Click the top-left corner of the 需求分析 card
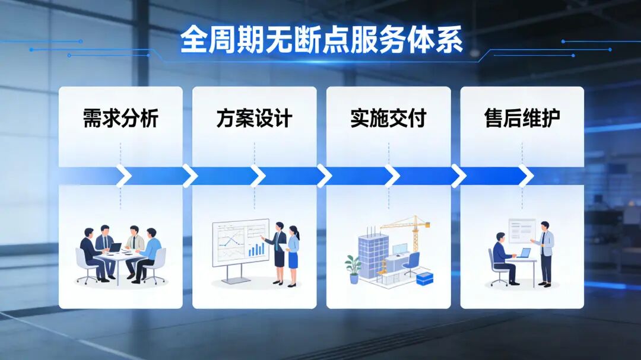pyautogui.click(x=59, y=87)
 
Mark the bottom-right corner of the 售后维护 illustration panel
pyautogui.click(x=584, y=308)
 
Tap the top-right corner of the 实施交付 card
pyautogui.click(x=450, y=87)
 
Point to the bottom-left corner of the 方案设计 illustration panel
pyautogui.click(x=192, y=308)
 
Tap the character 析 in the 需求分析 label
pyautogui.click(x=149, y=119)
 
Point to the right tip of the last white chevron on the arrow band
pyautogui.click(x=534, y=176)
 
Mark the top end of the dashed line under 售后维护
pyautogui.click(x=522, y=143)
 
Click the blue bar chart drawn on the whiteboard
pyautogui.click(x=256, y=249)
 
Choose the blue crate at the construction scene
pyautogui.click(x=425, y=279)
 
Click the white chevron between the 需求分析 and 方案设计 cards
pyautogui.click(x=190, y=176)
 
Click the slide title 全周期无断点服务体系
pyautogui.click(x=321, y=40)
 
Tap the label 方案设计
pyautogui.click(x=254, y=119)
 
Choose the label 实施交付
pyautogui.click(x=388, y=119)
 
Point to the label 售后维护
pyautogui.click(x=522, y=119)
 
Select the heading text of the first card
pyautogui.click(x=120, y=119)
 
